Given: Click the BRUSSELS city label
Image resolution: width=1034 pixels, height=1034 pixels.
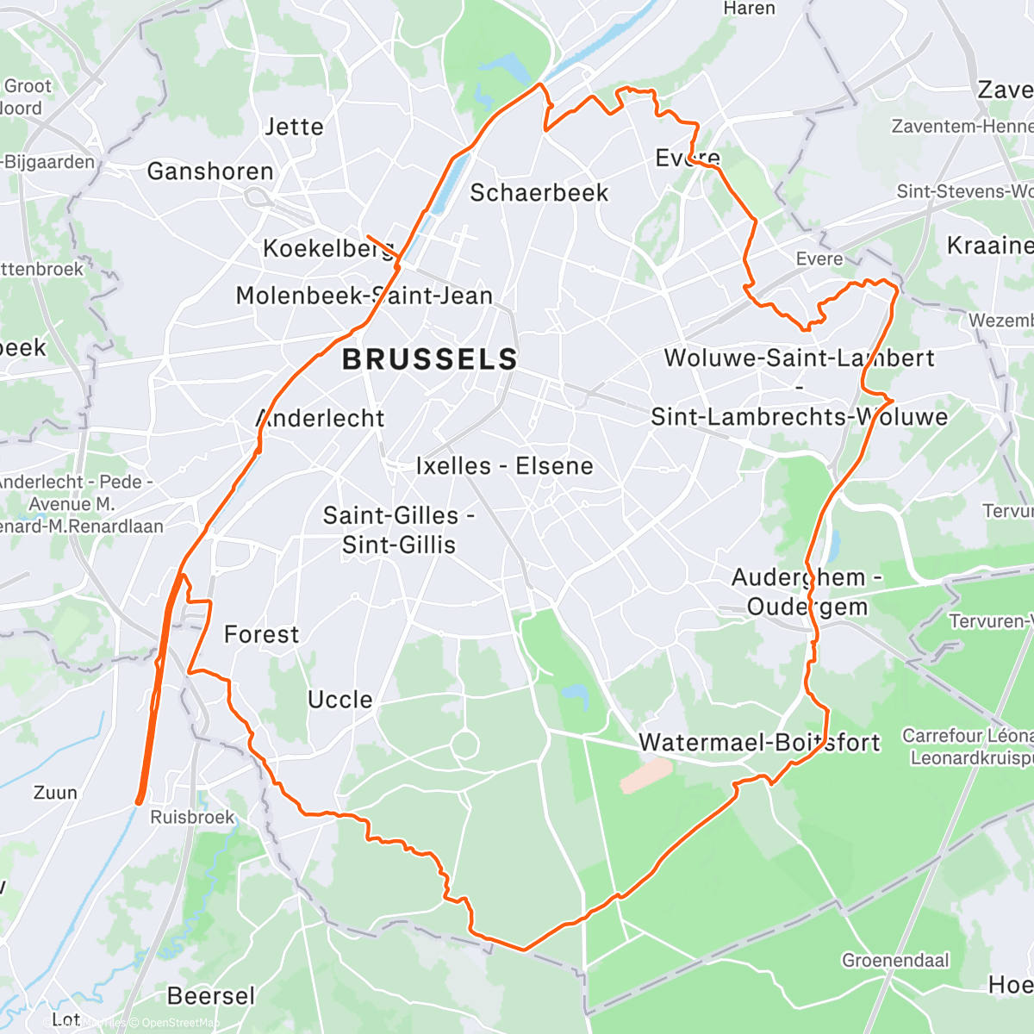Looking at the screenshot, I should (x=430, y=359).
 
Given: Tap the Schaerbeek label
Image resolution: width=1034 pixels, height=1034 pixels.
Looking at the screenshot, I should (x=539, y=193).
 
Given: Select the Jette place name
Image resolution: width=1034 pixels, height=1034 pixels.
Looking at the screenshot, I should (x=294, y=128).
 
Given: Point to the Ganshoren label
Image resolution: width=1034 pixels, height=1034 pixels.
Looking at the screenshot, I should (x=210, y=171).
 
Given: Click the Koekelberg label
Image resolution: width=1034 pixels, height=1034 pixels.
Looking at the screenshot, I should (x=327, y=249).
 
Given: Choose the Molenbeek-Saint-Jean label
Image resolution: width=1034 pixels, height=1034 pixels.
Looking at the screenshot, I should (x=364, y=296).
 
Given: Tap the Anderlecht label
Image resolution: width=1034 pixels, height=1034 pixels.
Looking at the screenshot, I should (x=321, y=419).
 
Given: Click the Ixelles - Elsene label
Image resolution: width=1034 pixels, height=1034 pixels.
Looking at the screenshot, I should (x=504, y=466).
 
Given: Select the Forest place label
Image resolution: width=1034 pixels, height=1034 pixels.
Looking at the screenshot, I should (x=261, y=635).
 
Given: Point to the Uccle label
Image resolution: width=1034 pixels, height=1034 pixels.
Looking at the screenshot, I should (x=340, y=700).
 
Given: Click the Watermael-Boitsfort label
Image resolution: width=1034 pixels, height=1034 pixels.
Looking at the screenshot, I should (x=759, y=743).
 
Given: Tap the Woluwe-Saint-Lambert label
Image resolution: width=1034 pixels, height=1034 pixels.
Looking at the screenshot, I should (x=799, y=358).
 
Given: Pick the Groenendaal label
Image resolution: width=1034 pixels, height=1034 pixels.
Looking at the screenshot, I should (x=895, y=960).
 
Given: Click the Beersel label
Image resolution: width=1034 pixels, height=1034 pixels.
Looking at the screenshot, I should (x=211, y=996).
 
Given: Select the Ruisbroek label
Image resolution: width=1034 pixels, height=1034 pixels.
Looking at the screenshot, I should (x=192, y=817).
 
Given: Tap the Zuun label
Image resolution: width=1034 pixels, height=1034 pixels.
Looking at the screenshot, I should (x=55, y=793).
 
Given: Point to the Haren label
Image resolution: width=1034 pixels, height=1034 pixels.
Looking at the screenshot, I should (x=749, y=9).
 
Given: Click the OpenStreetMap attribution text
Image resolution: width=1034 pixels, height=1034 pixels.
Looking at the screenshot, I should (x=180, y=1023).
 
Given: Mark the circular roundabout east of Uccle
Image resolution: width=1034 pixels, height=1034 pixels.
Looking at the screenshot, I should (x=464, y=744).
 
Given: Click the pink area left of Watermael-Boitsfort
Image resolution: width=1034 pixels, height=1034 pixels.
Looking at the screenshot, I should (x=646, y=775).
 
